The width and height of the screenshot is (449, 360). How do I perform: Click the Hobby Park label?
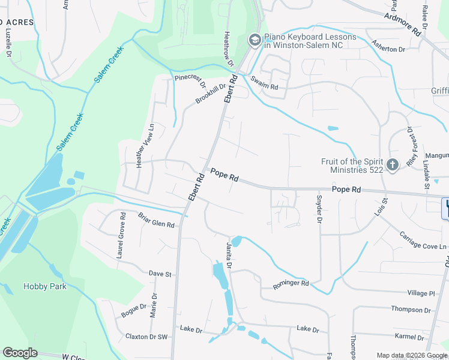pos(44,286)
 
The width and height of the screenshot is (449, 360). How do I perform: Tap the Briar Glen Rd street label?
pos(156,221)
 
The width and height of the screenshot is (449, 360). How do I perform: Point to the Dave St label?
pos(160,274)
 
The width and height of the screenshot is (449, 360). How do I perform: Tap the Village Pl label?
pos(421,293)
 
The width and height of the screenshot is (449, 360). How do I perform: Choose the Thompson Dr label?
pos(408,309)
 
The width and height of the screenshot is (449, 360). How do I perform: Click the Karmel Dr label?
pos(409,337)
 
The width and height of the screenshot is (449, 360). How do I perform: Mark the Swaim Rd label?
pos(265,83)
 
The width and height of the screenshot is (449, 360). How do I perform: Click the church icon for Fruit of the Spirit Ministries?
pos(392,164)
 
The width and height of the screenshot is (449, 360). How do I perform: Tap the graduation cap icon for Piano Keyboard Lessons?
pos(254,40)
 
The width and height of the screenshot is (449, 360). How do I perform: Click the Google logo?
pos(20,353)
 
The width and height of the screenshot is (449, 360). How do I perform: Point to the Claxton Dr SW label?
pos(146,337)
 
